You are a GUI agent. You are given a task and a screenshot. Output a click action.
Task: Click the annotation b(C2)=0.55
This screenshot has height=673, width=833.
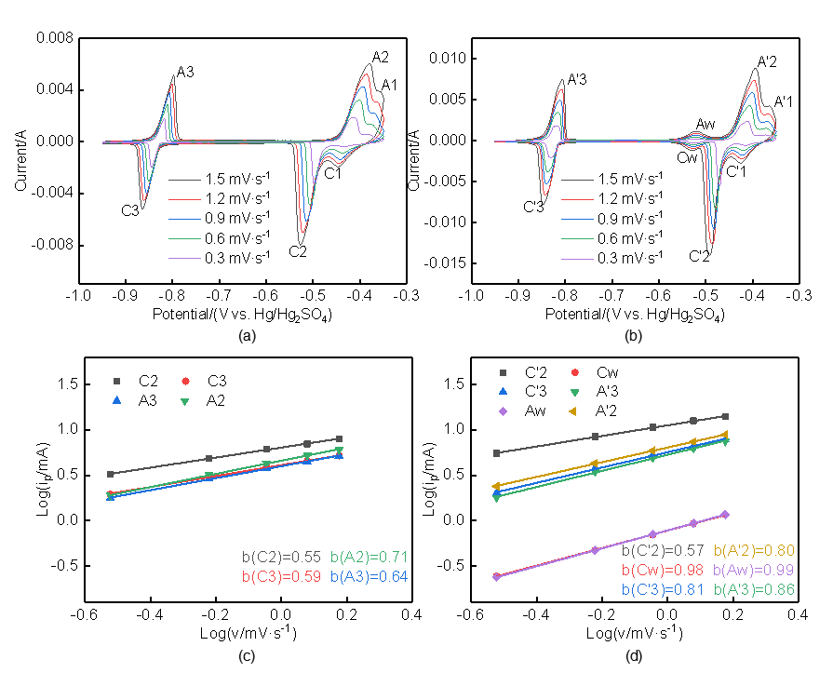281,558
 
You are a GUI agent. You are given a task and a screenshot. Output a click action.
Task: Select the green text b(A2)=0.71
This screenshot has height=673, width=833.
369,558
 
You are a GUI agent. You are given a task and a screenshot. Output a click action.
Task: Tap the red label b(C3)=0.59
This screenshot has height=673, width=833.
281,577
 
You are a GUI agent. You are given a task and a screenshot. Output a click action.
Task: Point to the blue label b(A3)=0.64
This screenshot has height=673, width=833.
369,577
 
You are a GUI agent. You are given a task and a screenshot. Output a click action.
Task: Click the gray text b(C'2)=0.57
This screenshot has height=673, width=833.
664,551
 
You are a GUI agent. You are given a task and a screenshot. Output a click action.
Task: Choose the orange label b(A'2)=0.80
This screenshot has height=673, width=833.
754,551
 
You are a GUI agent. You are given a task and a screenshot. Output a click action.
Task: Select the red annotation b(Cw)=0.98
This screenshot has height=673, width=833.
664,570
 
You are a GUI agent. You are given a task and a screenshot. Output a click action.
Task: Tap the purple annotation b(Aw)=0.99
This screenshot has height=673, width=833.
754,570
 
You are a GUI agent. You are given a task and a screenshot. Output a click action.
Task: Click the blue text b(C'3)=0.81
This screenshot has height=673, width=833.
664,589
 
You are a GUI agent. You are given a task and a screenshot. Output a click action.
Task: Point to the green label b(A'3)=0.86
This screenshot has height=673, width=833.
754,589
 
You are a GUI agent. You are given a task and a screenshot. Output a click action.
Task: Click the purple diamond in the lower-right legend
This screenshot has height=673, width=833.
503,411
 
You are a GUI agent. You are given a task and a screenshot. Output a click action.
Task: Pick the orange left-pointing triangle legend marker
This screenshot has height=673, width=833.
573,411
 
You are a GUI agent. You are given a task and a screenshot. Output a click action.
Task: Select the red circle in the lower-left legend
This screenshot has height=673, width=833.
185,381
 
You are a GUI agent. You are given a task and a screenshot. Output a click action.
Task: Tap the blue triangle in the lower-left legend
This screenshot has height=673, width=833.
116,400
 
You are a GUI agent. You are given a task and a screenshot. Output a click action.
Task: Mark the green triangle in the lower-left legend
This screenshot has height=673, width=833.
185,401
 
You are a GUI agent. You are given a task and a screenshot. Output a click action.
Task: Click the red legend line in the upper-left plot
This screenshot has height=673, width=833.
184,199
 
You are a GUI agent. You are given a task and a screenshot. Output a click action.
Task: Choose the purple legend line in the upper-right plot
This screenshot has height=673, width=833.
577,259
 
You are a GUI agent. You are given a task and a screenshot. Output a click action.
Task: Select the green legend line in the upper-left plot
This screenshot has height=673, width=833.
184,239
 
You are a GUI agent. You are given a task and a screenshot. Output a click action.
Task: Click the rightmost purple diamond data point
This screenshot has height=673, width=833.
725,514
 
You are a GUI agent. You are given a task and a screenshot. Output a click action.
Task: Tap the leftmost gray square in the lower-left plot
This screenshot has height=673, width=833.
110,474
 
